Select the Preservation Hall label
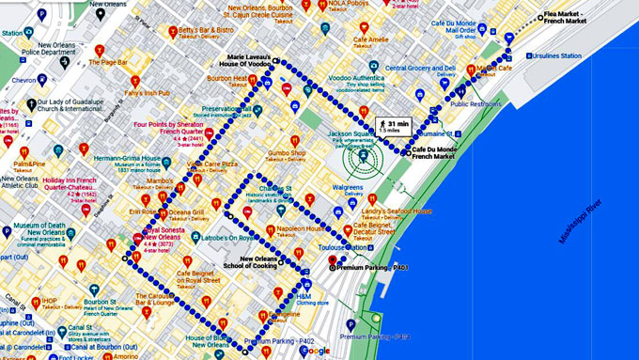(x=226, y=109)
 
